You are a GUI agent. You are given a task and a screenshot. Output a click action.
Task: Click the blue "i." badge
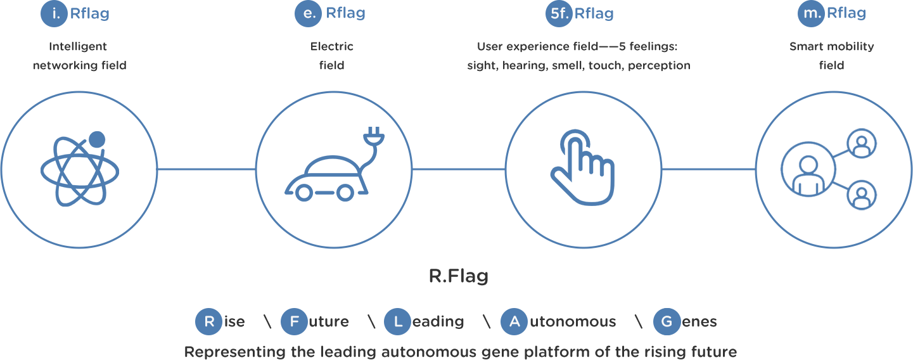coord(54,13)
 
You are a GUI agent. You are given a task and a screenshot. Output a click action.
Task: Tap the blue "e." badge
coord(308,13)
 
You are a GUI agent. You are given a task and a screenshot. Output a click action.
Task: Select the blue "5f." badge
coord(559,13)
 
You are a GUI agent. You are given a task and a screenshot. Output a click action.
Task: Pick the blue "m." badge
coord(811,13)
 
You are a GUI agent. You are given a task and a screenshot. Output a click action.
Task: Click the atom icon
coord(80,169)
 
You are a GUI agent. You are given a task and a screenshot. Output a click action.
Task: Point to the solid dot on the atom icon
coord(97,139)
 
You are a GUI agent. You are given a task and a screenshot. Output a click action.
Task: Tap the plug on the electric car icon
coord(374,136)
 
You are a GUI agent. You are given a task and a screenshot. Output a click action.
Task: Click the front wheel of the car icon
coord(303,193)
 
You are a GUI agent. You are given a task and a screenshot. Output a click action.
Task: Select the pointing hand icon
coord(583,167)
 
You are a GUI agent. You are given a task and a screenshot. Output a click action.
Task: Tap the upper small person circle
coord(862,143)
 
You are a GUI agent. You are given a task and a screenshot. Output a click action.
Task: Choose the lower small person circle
coord(862,195)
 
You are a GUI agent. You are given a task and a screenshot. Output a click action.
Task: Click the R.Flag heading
coord(459,276)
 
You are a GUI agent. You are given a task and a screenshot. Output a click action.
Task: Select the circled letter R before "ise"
coord(208,322)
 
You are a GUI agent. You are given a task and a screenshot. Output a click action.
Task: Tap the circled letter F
coord(294,322)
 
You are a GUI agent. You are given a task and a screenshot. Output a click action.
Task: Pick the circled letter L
coord(397,322)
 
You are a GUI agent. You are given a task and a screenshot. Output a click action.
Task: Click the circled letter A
coord(514,322)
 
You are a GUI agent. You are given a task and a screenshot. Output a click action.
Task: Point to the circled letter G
coord(667,322)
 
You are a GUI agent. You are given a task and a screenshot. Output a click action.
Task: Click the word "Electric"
coord(332,46)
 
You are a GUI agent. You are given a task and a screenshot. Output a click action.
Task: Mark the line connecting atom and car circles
coord(207,169)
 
